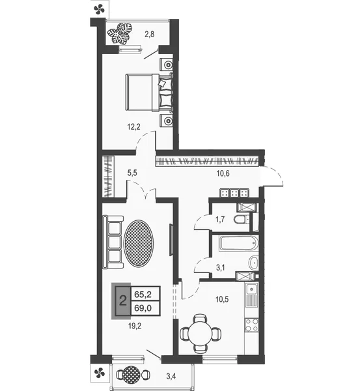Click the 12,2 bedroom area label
pos(134,127)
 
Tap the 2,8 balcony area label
pos(150,34)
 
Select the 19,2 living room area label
pos(134,325)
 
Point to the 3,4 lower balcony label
pos(171,376)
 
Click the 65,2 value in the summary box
pos(143,295)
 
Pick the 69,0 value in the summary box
pos(143,308)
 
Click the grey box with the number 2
pos(123,301)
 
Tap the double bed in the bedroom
pos(149,92)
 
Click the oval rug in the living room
pos(139,244)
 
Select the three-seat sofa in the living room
pos(113,242)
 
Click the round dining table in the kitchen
pos(201,333)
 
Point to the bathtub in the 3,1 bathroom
pos(239,243)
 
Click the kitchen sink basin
pos(252,289)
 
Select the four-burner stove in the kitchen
pos(252,325)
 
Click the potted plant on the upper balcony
pos(120,33)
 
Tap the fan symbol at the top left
pos(99,10)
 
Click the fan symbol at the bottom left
pos(100,373)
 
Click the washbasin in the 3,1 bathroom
pos(253,263)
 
